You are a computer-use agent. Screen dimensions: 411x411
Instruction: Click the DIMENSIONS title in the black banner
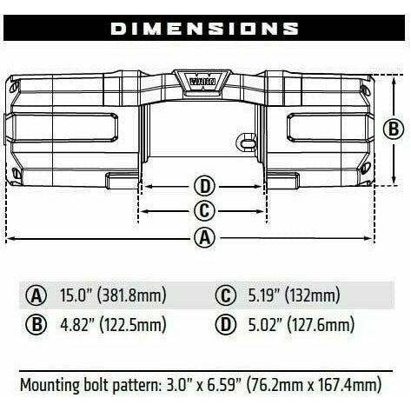coord(205,28)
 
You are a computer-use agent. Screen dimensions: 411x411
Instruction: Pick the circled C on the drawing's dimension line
coord(204,210)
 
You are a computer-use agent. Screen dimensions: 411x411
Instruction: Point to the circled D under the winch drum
coord(204,186)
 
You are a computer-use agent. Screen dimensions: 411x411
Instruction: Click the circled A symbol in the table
coord(37,295)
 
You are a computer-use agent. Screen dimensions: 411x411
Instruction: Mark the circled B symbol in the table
coord(37,326)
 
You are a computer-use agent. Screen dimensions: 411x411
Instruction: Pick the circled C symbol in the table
coord(229,295)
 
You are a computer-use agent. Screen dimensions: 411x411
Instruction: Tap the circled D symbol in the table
coord(229,326)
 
